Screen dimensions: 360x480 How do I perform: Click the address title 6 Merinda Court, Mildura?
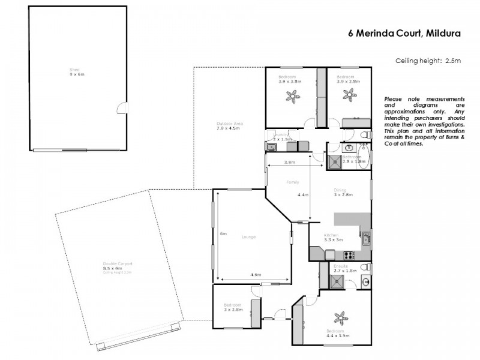tap(404, 34)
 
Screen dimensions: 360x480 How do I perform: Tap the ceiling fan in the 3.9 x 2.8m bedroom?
tap(349, 94)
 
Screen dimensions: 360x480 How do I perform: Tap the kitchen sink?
tap(365, 241)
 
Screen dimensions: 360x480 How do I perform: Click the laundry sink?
tap(271, 146)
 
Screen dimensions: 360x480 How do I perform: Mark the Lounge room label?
tap(248, 236)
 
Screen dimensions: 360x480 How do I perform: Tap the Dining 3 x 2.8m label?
tap(344, 192)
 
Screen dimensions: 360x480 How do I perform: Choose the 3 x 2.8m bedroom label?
tap(233, 307)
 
